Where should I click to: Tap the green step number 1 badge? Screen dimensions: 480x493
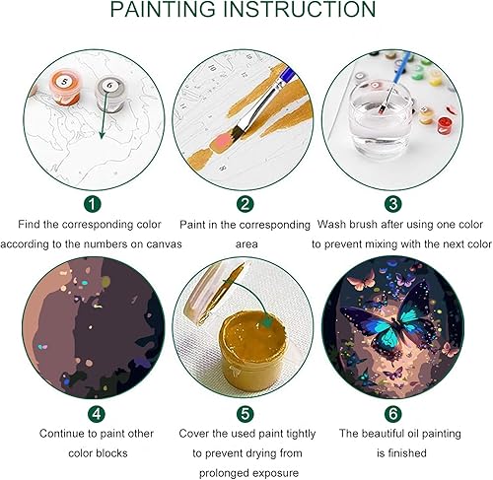coord(92,205)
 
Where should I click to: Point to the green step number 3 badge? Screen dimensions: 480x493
coord(392,205)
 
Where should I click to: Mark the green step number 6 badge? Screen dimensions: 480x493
coord(392,413)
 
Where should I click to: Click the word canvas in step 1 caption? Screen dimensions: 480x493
coord(161,244)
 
